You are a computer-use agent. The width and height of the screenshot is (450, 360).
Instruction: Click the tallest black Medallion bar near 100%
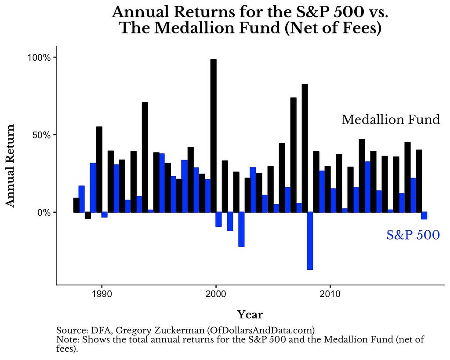point(214,135)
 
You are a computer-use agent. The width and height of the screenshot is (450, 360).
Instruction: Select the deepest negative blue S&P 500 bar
point(310,241)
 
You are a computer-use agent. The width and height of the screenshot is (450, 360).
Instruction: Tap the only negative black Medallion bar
point(88,215)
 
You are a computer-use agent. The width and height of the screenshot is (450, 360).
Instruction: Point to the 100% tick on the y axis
point(54,58)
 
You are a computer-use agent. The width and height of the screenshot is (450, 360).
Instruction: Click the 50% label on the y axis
point(41,135)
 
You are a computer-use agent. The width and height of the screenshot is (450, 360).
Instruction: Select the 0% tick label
point(44,213)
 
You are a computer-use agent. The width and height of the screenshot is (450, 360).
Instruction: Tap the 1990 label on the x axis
point(102,294)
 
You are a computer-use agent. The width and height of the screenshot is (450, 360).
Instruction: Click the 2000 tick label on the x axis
point(216,294)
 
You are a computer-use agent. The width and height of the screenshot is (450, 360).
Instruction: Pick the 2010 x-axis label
point(330,294)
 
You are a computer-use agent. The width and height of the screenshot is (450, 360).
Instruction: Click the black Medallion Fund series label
point(391,120)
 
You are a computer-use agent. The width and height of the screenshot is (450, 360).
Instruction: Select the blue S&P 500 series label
point(413,235)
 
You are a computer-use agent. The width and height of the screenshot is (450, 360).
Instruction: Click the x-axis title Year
point(250,315)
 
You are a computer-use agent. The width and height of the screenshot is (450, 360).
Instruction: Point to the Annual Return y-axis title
point(10,166)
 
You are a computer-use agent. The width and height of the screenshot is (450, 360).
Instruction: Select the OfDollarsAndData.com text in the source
point(261,331)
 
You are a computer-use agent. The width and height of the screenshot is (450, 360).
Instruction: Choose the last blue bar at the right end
point(424,215)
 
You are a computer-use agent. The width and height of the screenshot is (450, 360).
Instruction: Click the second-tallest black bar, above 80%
point(305,148)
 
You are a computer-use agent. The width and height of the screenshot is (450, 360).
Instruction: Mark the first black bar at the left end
point(76,205)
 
